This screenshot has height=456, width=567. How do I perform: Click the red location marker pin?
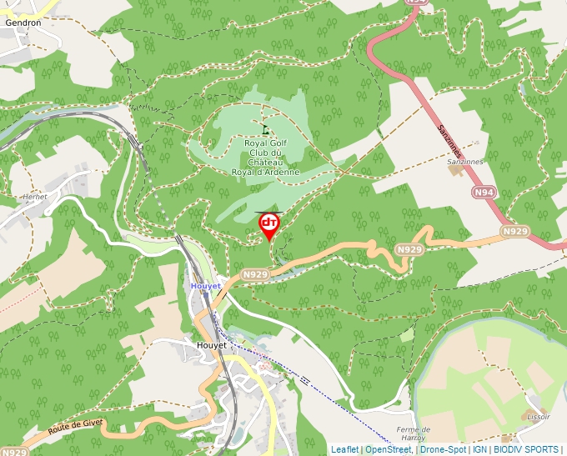coord(268,225)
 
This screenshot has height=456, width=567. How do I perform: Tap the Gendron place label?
coord(23,23)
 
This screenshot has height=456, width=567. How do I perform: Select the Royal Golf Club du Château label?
coord(265,158)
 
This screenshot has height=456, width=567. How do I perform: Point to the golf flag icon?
coord(265,129)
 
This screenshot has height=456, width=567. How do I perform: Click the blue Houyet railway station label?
coord(205,286)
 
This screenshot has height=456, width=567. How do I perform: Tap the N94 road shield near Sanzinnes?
coord(481,193)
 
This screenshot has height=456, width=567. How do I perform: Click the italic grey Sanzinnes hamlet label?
coord(464,161)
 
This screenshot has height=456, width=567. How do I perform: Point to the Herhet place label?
coord(34,197)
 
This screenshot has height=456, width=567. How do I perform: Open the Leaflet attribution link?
coord(344,449)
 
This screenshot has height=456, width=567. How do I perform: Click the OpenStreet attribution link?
coord(389,449)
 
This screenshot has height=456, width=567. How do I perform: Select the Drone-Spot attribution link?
coord(443,449)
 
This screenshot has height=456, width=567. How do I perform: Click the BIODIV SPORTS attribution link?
coord(525,449)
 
